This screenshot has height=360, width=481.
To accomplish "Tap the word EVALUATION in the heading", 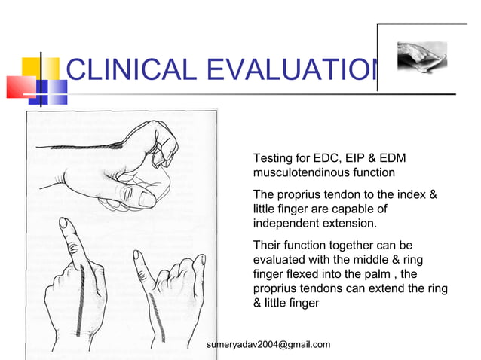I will (290, 71).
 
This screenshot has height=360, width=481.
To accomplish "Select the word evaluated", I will (280, 260).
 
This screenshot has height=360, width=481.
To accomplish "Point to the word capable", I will (365, 209).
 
